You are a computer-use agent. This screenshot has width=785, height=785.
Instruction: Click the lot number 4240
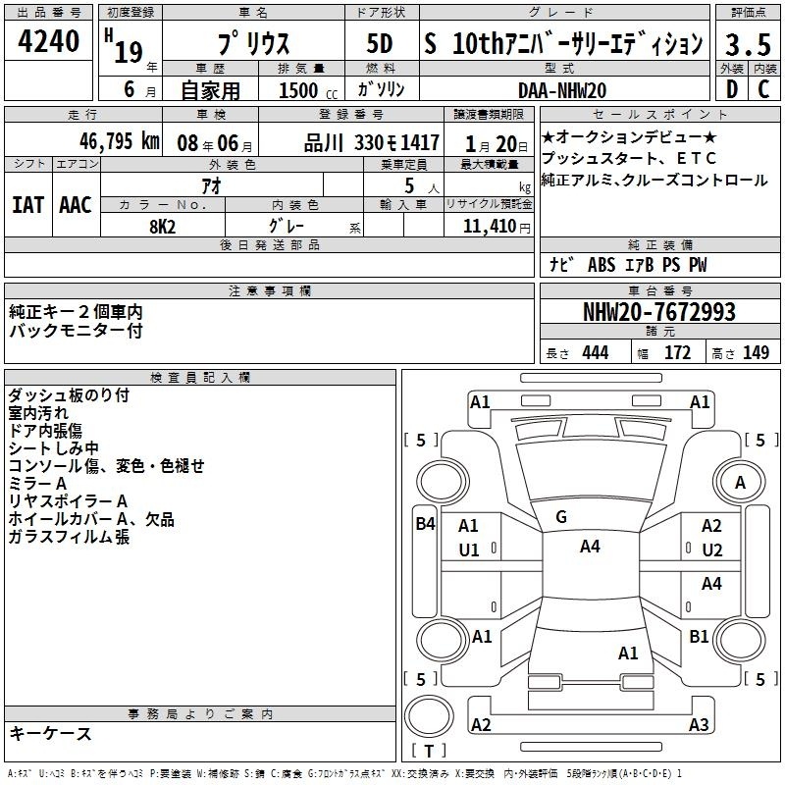[x=48, y=41]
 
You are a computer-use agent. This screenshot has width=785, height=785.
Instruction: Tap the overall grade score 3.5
[x=748, y=44]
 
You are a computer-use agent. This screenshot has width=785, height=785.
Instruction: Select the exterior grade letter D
[x=732, y=89]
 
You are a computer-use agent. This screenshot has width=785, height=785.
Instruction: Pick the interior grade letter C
[x=763, y=89]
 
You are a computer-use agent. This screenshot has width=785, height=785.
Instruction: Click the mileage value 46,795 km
[x=119, y=141]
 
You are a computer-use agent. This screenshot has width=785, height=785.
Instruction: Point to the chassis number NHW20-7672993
[x=659, y=312]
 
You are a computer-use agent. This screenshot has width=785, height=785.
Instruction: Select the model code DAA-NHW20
[x=562, y=90]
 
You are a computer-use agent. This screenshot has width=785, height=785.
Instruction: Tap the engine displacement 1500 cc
[x=308, y=90]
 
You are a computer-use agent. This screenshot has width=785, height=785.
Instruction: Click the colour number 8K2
[x=162, y=227]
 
